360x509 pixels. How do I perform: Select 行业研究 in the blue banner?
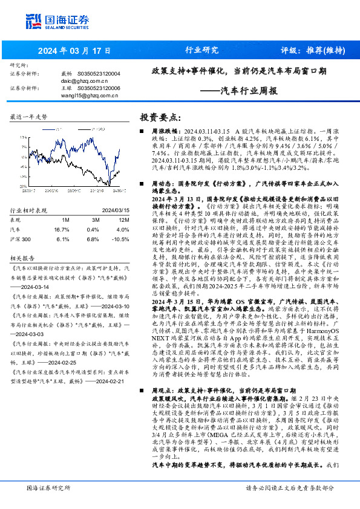coord(201,51)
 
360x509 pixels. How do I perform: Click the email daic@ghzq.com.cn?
coord(84,80)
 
